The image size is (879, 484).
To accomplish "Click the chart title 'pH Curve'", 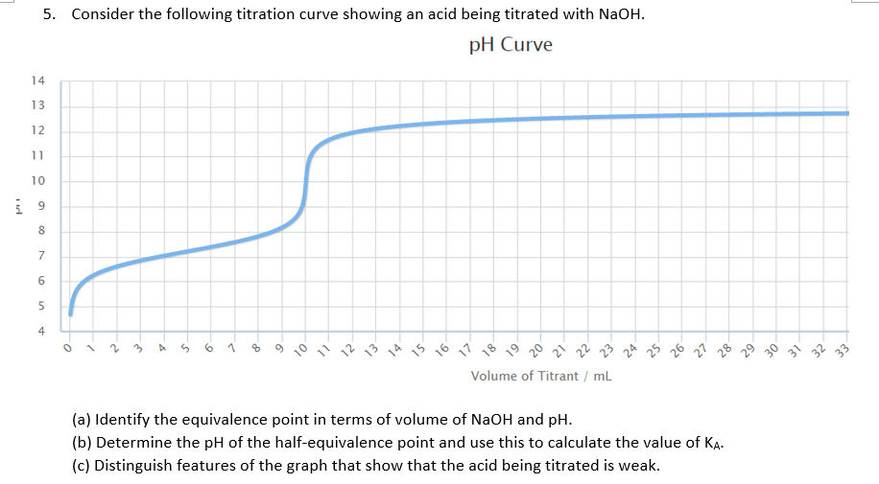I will click(x=511, y=46).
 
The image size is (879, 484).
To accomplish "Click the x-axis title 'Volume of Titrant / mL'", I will click(x=541, y=376).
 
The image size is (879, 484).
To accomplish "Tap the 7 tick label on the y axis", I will click(x=40, y=256).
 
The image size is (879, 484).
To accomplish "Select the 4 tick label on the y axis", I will click(x=40, y=331).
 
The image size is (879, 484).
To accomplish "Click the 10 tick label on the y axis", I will click(x=38, y=181).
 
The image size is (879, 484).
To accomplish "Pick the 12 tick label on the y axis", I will click(x=38, y=131).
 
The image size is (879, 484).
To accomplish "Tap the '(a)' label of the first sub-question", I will click(x=83, y=419).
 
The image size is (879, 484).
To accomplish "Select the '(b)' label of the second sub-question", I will click(x=83, y=442).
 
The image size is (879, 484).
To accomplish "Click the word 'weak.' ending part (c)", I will click(x=638, y=466).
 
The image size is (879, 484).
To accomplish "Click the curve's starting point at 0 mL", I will click(x=70, y=313).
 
